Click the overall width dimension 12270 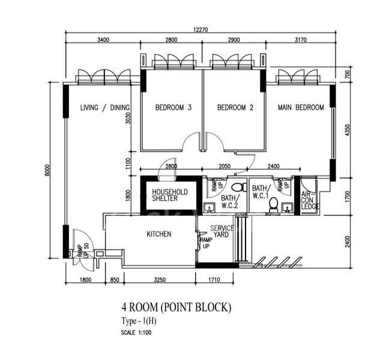(201, 30)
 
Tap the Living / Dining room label (105, 107)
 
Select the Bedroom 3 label (173, 107)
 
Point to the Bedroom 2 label (235, 107)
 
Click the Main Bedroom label (301, 107)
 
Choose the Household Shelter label (170, 195)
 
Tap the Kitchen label (158, 234)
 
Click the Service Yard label (222, 232)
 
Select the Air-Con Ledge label (309, 200)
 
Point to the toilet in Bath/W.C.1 (273, 205)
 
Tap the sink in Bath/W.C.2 (210, 208)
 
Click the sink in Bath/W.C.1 (288, 208)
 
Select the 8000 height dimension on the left (47, 170)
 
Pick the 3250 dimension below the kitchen (160, 280)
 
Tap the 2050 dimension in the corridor (225, 166)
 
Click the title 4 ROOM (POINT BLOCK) (176, 307)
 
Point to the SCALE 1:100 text (136, 332)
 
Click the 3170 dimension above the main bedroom (300, 40)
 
